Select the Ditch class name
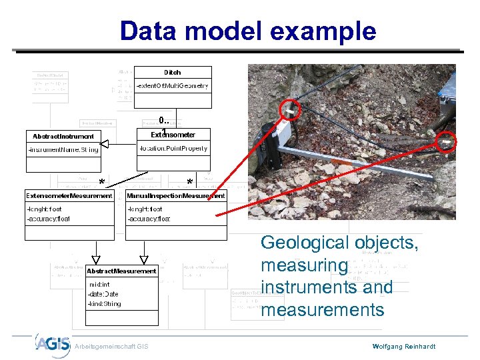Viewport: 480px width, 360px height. tap(172, 72)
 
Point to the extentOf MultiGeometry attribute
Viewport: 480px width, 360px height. tap(172, 86)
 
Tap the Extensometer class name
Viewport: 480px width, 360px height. tap(173, 135)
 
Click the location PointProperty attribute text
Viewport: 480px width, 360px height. tap(173, 149)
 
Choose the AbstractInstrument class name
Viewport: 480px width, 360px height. tap(63, 136)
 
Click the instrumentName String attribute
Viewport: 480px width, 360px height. tap(63, 149)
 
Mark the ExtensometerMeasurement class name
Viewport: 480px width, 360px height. tap(69, 196)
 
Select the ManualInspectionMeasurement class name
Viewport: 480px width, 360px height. tap(176, 196)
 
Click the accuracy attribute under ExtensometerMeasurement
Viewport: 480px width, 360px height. tap(49, 219)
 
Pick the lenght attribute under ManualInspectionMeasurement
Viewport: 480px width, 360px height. tap(145, 209)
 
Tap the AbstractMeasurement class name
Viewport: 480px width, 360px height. tap(122, 271)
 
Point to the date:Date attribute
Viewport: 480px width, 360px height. tap(103, 294)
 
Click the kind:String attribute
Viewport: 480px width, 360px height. tap(105, 304)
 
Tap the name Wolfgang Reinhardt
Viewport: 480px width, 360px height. tap(403, 347)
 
